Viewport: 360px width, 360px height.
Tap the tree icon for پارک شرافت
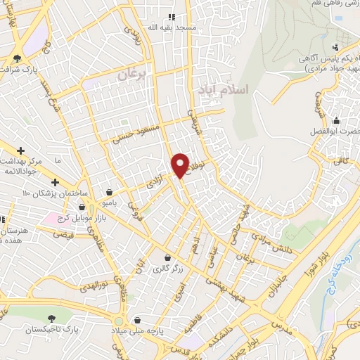[x=17, y=58]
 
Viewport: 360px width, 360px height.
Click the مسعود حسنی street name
[x=136, y=131]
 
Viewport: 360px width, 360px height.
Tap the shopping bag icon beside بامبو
[x=109, y=192]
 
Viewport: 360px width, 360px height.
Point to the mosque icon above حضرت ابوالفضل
[x=336, y=120]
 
